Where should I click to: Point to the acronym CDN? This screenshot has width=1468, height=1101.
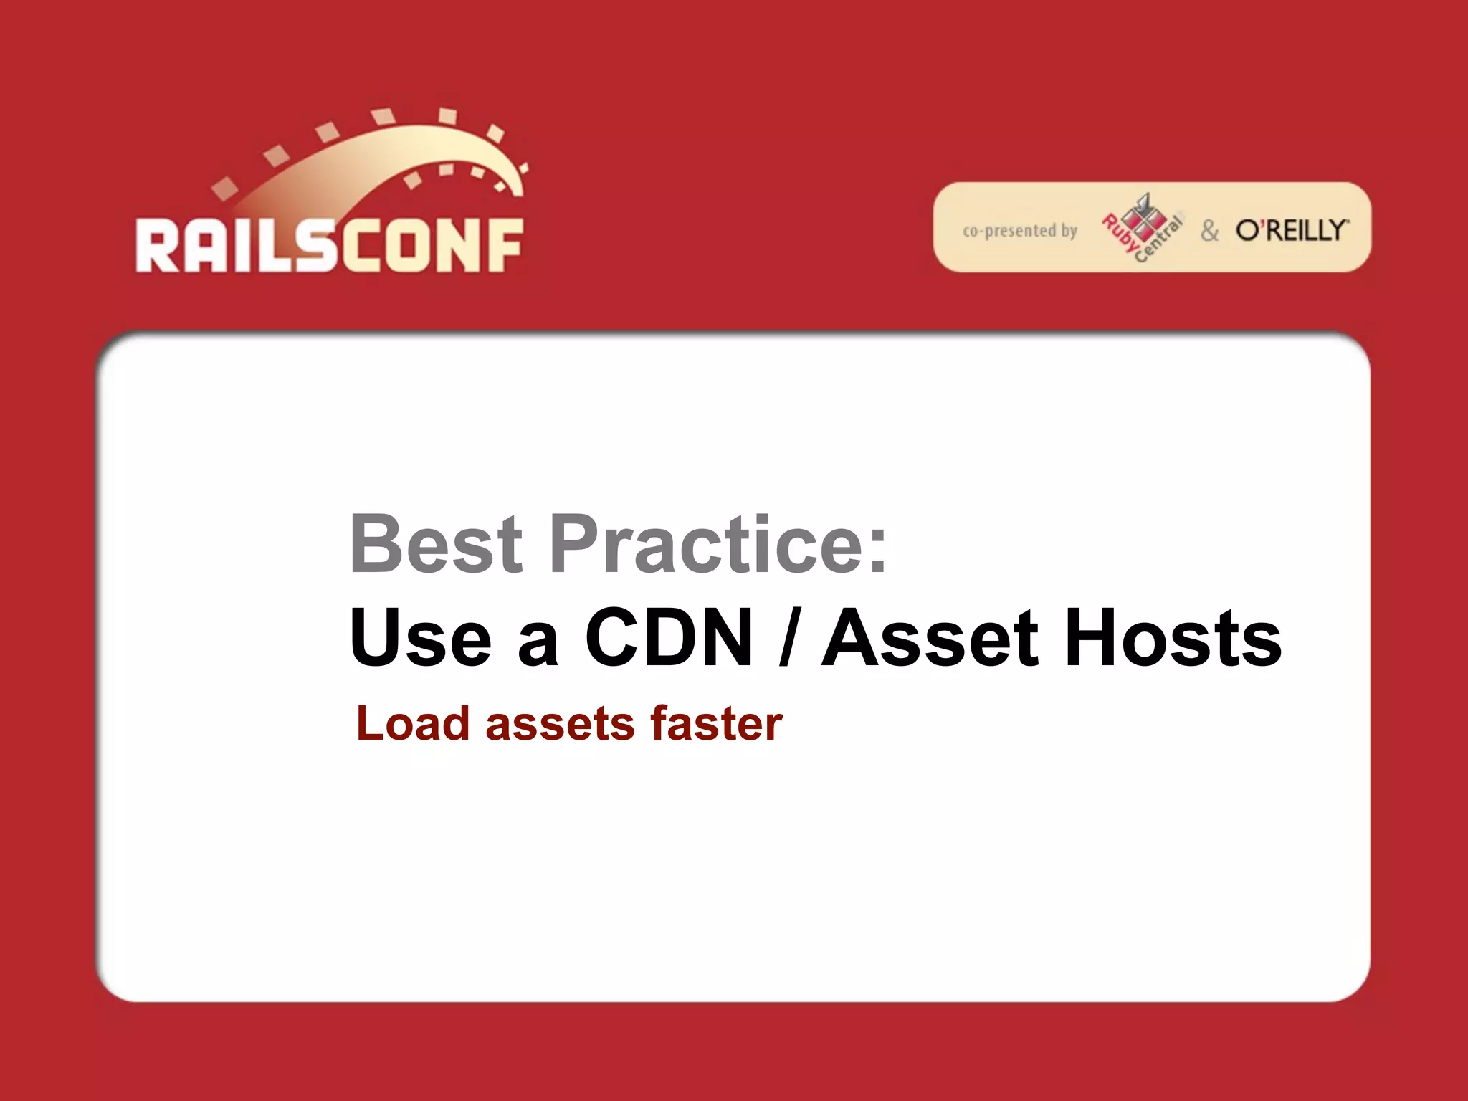tap(669, 637)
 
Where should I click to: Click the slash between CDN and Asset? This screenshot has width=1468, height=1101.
tap(787, 637)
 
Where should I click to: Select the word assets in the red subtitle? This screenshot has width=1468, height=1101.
tap(560, 725)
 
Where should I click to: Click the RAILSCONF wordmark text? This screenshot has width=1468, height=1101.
tap(330, 246)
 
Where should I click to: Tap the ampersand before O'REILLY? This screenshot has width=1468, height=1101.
tap(1210, 231)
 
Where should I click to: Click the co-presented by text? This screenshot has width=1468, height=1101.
tap(1020, 231)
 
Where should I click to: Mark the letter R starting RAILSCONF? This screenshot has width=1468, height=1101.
tap(157, 246)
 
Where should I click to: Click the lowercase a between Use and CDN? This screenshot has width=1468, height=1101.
tap(538, 642)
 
